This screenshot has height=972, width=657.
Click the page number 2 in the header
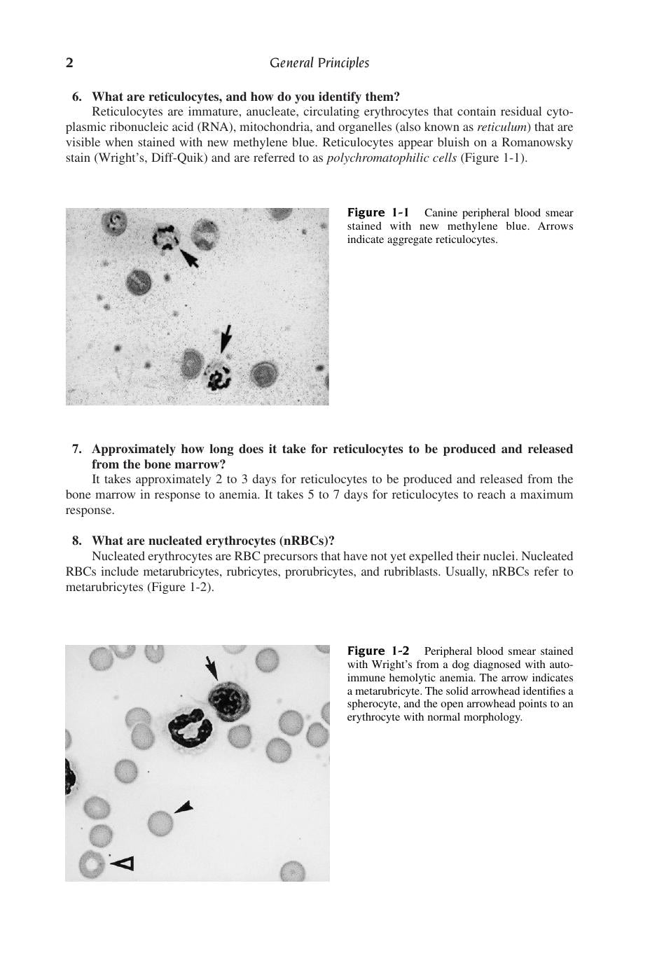click(x=69, y=63)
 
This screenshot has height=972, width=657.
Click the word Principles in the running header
click(x=343, y=63)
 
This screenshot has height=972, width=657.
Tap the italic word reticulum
click(x=504, y=127)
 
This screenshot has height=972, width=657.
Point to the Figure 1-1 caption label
click(x=378, y=213)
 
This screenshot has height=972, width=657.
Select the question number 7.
click(x=77, y=449)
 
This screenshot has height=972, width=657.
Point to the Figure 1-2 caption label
click(x=378, y=651)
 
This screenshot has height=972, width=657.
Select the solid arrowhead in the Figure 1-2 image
click(x=184, y=807)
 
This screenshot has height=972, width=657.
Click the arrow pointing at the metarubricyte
click(x=212, y=669)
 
